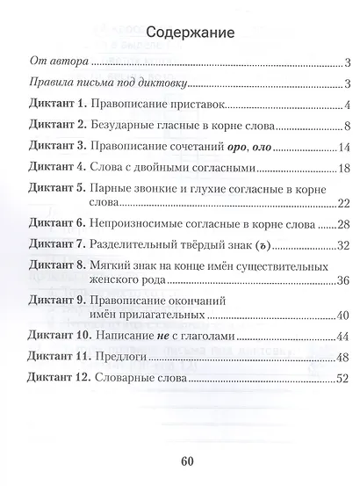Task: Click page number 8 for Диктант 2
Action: tap(349, 126)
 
